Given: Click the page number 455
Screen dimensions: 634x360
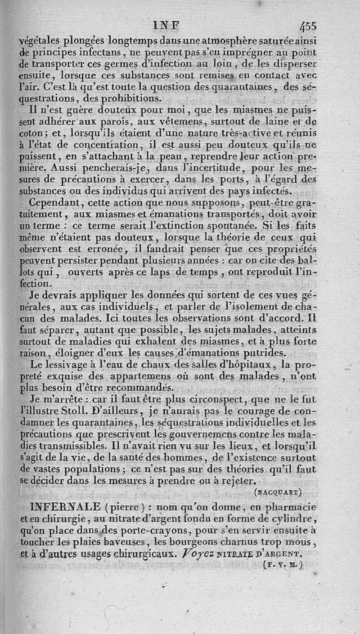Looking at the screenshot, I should click(x=306, y=27).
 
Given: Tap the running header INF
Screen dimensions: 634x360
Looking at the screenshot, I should click(x=166, y=25).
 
